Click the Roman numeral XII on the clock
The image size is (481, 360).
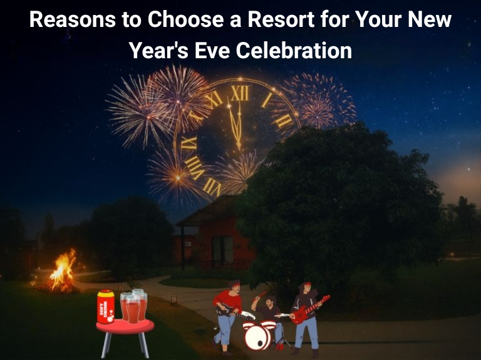pos(239,94)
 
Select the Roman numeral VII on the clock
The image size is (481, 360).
pos(212,186)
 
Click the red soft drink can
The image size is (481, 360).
pos(106,307)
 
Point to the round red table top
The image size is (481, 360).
pos(125,326)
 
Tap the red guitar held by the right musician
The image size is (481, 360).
pos(311,309)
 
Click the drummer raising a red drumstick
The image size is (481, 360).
pos(268,307)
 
